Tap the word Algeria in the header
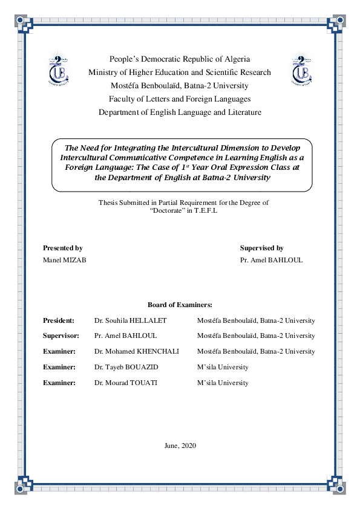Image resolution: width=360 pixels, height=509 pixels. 234,59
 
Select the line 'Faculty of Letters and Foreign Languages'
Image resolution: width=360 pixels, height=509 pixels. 180,99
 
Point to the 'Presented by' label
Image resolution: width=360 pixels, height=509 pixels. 63,248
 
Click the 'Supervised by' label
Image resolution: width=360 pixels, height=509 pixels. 261,248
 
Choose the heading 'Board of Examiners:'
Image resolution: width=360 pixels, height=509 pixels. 180,305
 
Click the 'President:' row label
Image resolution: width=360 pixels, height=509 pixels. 59,320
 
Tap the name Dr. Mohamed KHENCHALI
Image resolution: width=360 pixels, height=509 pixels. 137,351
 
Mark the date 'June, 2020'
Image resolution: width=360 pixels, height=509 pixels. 180,446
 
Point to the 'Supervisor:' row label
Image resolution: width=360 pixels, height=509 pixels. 61,336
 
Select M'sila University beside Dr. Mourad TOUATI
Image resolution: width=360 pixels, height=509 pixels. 223,383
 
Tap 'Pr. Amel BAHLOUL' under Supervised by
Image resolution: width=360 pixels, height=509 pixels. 271,260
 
